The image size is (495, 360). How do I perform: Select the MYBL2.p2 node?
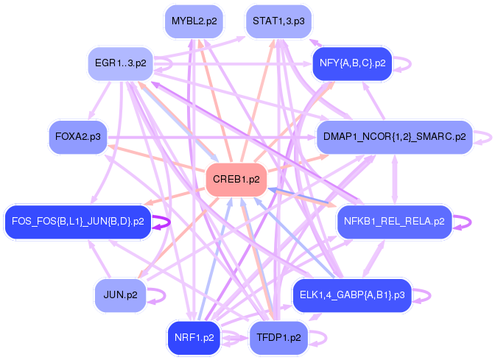click(x=194, y=21)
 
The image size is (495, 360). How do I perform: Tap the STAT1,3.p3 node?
click(x=278, y=21)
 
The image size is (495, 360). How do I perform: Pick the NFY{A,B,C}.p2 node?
click(x=351, y=64)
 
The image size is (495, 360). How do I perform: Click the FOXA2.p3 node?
click(x=77, y=137)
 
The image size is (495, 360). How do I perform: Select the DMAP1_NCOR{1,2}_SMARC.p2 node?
click(x=393, y=137)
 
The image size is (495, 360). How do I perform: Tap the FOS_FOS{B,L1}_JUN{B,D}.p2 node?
click(x=77, y=221)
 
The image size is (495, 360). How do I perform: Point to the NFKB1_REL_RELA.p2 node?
click(x=393, y=221)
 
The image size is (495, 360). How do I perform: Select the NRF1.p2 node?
click(x=194, y=338)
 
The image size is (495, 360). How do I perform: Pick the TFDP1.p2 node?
click(x=278, y=338)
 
